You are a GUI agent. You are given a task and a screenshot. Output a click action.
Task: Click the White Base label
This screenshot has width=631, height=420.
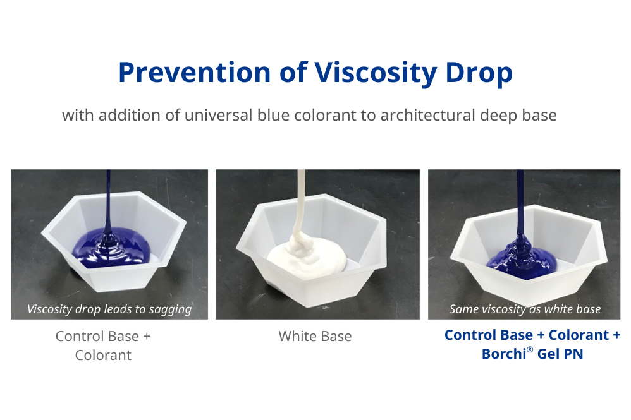point(315,337)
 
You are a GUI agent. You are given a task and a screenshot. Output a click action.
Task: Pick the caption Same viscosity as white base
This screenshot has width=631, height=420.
point(525,309)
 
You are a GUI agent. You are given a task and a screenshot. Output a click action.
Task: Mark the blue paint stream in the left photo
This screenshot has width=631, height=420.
point(109,196)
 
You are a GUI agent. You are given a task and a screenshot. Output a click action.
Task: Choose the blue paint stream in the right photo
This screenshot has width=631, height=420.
point(522,202)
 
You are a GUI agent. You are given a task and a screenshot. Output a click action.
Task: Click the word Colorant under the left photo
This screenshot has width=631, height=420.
point(103,355)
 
